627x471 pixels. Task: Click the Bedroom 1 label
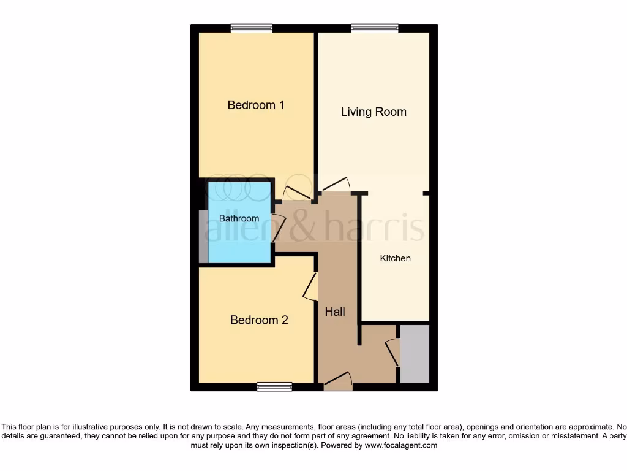256,105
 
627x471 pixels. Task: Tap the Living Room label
374,112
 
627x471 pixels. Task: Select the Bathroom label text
239,218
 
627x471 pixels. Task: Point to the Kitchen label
396,258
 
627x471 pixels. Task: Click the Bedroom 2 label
259,320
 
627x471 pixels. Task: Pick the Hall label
335,312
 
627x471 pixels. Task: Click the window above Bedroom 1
252,28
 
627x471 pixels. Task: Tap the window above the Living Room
374,28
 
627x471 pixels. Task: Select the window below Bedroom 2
274,386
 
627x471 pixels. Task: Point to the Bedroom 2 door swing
310,286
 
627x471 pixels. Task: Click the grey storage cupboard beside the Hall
415,354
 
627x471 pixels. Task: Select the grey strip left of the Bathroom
203,237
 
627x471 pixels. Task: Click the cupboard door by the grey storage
392,352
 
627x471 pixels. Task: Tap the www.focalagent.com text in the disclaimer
401,445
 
